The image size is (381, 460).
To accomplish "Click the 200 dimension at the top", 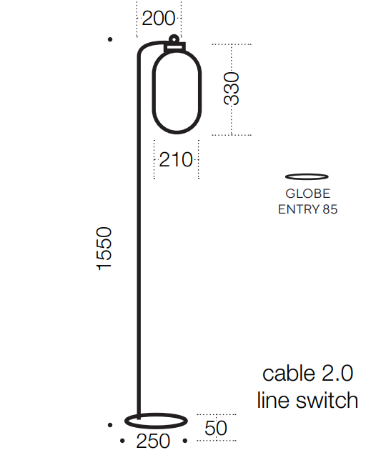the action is tap(159, 19).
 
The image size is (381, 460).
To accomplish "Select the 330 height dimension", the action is tap(232, 89).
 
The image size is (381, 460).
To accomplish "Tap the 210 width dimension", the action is tap(176, 160).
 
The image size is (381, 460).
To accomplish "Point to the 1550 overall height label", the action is tap(104, 248).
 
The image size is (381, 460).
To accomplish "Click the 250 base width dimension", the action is tap(153, 441).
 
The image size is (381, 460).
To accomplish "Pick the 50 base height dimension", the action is tap(216, 428).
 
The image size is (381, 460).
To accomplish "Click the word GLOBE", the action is tap(307, 194).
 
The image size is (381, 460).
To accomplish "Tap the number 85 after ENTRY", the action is tap(330, 209).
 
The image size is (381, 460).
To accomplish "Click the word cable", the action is tap(289, 374).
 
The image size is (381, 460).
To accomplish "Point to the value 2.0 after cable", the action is tap(337, 374).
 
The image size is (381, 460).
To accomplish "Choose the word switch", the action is tap(327, 400).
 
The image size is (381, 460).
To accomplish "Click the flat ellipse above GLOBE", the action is tap(307, 174).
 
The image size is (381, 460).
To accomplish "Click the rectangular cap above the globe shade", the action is tap(174, 47).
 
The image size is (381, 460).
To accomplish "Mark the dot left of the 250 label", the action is tap(122, 441).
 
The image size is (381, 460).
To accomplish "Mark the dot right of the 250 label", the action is tap(185, 441).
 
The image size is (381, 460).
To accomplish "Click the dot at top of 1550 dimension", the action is tap(110, 39).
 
